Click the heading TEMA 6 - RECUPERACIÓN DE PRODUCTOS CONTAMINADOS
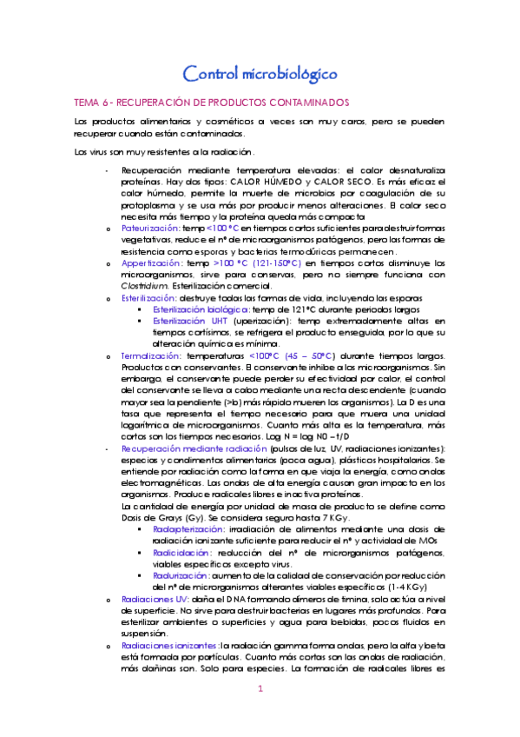pos(212,102)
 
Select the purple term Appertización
pos(151,262)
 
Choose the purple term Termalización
pos(150,356)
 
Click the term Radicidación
pos(181,552)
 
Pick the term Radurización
pos(181,575)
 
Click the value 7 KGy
pos(308,517)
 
